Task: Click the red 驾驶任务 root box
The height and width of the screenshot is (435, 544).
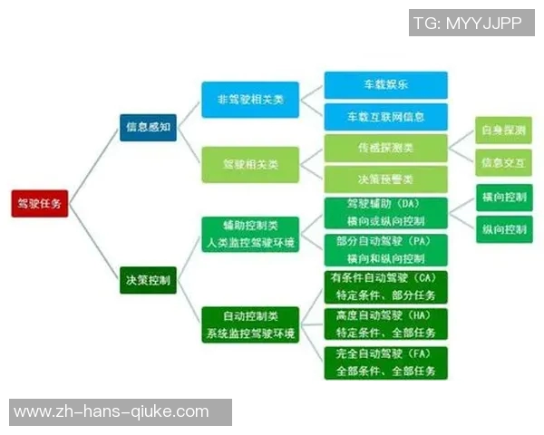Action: [x=37, y=204]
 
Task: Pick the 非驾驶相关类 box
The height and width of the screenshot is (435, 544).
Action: [x=250, y=98]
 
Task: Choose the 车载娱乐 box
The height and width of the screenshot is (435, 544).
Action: [x=385, y=85]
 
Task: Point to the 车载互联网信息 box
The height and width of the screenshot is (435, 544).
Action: [x=385, y=116]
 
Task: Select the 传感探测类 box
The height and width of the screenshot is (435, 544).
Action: [x=385, y=147]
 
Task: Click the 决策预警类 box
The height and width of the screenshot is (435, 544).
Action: [x=385, y=178]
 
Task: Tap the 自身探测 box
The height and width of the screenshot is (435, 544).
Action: [x=503, y=131]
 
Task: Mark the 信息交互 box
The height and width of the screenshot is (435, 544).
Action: [x=503, y=163]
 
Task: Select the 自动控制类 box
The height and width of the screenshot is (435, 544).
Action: [x=250, y=324]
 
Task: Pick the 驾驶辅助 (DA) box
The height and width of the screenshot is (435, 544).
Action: [x=385, y=212]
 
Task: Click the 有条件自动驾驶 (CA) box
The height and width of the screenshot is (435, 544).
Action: [x=385, y=286]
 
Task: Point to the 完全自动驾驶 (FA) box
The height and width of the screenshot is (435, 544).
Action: [x=385, y=362]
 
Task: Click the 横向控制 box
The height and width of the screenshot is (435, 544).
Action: [x=503, y=197]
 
